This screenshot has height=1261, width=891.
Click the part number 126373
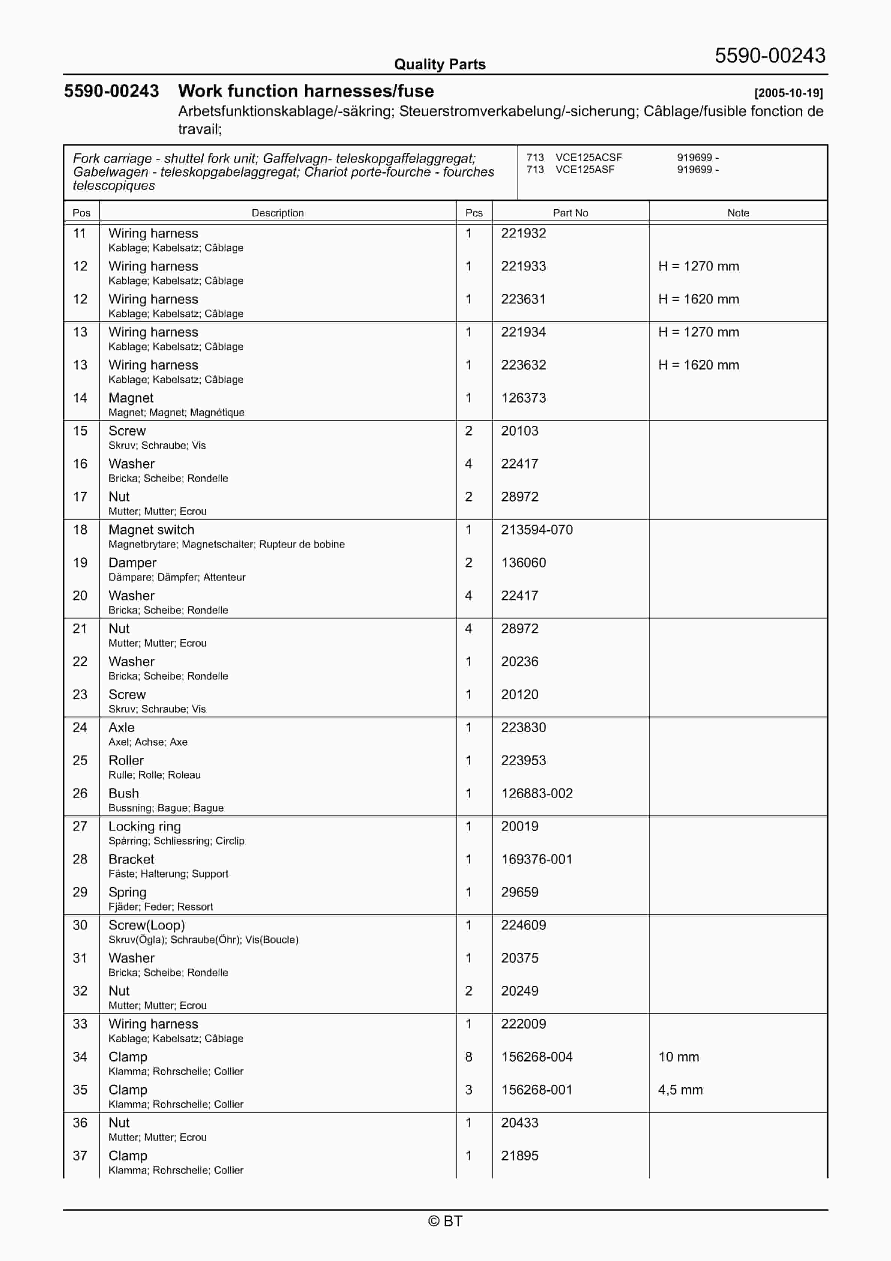click(x=523, y=398)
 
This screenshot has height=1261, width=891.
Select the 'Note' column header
click(x=738, y=213)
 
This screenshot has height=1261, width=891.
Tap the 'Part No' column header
click(x=570, y=213)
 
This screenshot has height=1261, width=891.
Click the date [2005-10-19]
click(x=788, y=93)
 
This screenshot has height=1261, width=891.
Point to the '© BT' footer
click(x=445, y=1221)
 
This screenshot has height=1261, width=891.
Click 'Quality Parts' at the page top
click(x=440, y=64)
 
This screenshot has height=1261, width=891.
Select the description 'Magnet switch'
click(x=151, y=530)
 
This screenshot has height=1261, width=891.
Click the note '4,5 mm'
click(x=680, y=1090)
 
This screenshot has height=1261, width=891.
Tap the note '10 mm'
click(x=678, y=1057)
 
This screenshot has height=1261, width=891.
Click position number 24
click(x=80, y=728)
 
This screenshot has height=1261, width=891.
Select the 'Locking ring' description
click(x=145, y=827)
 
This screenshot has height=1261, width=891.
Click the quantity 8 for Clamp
click(x=469, y=1057)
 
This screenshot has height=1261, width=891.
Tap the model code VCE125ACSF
click(x=589, y=158)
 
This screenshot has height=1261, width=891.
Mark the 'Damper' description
click(x=133, y=563)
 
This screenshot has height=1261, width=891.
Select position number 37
click(x=80, y=1156)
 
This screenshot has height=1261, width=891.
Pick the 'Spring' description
click(x=127, y=893)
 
